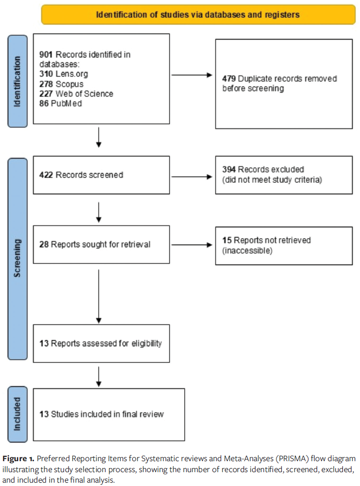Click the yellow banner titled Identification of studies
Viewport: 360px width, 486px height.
click(198, 14)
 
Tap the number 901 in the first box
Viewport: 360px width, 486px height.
click(46, 55)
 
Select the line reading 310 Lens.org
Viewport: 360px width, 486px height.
click(64, 74)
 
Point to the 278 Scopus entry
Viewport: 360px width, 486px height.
click(61, 84)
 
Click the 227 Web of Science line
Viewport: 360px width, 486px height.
click(76, 94)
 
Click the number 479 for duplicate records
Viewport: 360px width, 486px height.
click(229, 79)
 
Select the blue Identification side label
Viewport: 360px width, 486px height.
click(17, 81)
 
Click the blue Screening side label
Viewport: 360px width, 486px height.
click(17, 258)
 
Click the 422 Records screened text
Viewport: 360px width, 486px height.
click(81, 175)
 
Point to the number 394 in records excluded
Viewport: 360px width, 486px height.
click(229, 169)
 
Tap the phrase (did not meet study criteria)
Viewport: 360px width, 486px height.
click(272, 180)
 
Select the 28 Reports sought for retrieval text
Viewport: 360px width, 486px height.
click(95, 244)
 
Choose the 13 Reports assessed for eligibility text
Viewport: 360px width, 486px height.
click(100, 343)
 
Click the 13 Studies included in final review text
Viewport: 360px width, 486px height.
click(101, 414)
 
